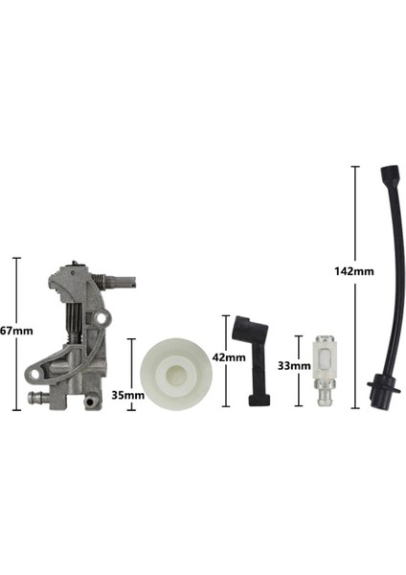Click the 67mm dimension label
(16, 331)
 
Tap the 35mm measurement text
(127, 394)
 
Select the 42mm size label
(230, 357)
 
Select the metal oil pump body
(77, 335)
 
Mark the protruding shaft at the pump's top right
(122, 281)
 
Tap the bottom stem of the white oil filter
(324, 395)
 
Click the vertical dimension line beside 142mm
(355, 287)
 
